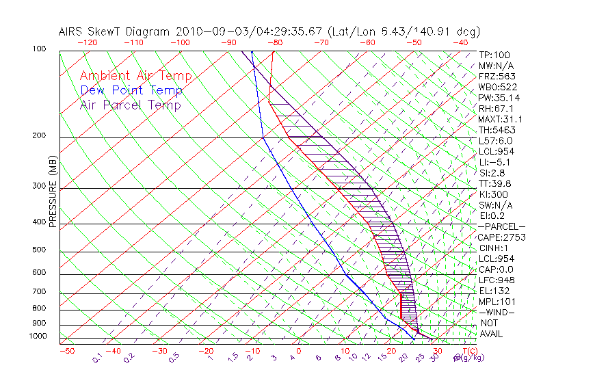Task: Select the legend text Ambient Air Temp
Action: (x=135, y=76)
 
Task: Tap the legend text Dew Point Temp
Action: (x=131, y=90)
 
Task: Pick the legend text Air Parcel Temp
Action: (x=130, y=105)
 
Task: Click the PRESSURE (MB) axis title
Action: (x=53, y=192)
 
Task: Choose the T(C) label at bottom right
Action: (x=467, y=351)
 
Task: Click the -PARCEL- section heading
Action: (x=501, y=226)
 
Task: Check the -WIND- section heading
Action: (x=497, y=312)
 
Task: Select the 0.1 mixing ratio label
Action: (x=98, y=357)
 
